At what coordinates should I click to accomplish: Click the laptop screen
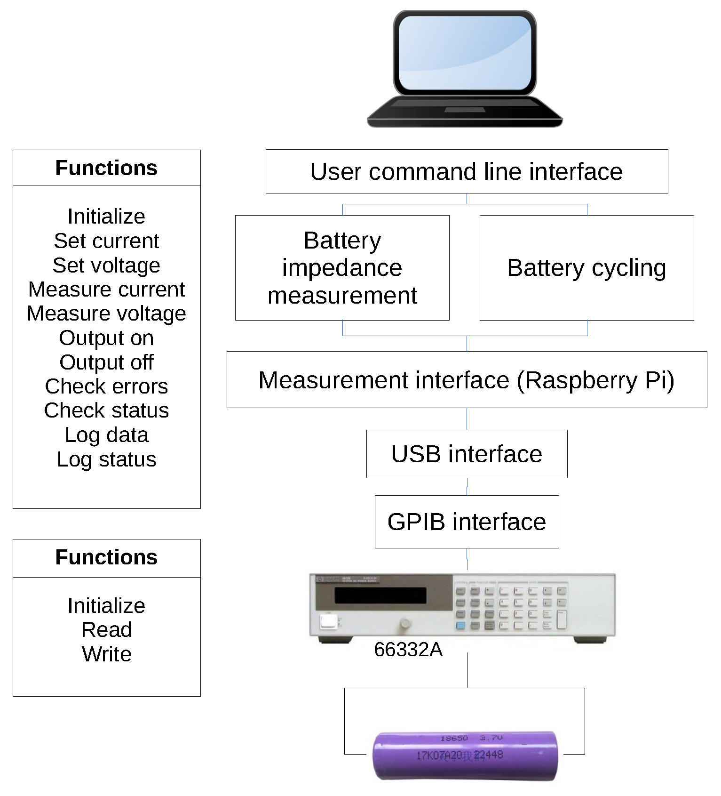point(465,53)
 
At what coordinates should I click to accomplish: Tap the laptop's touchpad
point(465,110)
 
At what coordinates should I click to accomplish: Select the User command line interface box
point(467,171)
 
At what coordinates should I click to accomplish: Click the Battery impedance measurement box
point(342,268)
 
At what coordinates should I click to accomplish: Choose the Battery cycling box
point(586,268)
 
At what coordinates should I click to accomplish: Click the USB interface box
point(467,454)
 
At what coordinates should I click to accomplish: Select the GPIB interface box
point(467,522)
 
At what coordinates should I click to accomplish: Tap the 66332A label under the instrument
point(408,650)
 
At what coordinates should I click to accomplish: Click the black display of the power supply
point(380,595)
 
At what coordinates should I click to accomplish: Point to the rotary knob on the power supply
point(404,624)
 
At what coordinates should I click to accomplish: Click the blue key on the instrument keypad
point(460,626)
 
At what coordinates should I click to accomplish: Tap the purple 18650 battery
point(465,755)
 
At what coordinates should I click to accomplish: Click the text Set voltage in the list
point(106,265)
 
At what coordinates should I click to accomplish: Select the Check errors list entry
point(106,386)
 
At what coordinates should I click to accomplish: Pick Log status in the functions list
point(106,459)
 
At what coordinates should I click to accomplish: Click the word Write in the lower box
point(106,654)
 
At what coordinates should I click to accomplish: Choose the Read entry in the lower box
point(106,630)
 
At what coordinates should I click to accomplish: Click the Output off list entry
point(106,362)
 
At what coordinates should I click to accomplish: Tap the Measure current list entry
point(106,289)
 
